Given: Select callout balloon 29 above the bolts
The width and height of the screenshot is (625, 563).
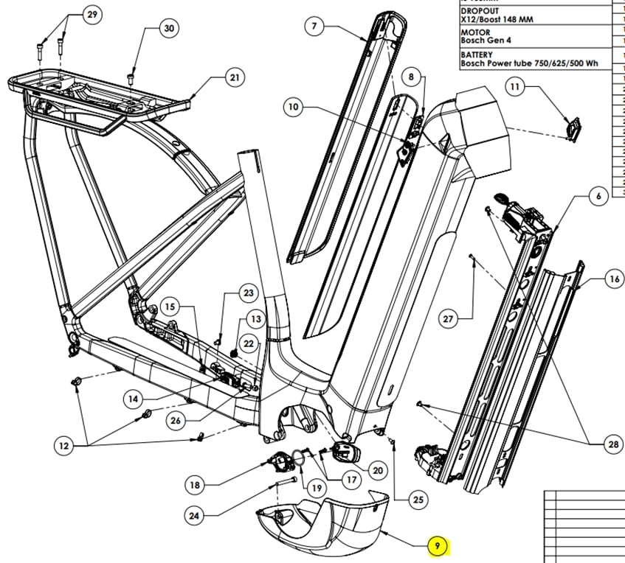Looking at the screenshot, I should (91, 15).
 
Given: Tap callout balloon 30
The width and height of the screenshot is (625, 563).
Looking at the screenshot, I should (170, 28).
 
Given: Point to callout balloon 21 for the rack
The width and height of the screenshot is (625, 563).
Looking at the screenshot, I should (235, 77).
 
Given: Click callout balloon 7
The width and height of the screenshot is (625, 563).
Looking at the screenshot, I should (314, 27).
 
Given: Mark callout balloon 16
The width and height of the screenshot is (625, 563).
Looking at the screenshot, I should (613, 279).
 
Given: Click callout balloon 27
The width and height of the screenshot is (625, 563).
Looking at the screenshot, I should (448, 318).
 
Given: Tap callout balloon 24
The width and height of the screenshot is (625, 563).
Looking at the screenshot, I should (193, 516).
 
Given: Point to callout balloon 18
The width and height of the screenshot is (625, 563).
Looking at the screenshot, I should (194, 485).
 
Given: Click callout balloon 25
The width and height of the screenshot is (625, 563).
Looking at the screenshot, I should (418, 500).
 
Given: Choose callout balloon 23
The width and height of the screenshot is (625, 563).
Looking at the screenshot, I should (248, 293).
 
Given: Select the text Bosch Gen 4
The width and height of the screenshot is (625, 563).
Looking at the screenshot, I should (486, 41).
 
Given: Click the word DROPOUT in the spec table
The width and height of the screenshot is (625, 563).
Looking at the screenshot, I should (480, 11).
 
